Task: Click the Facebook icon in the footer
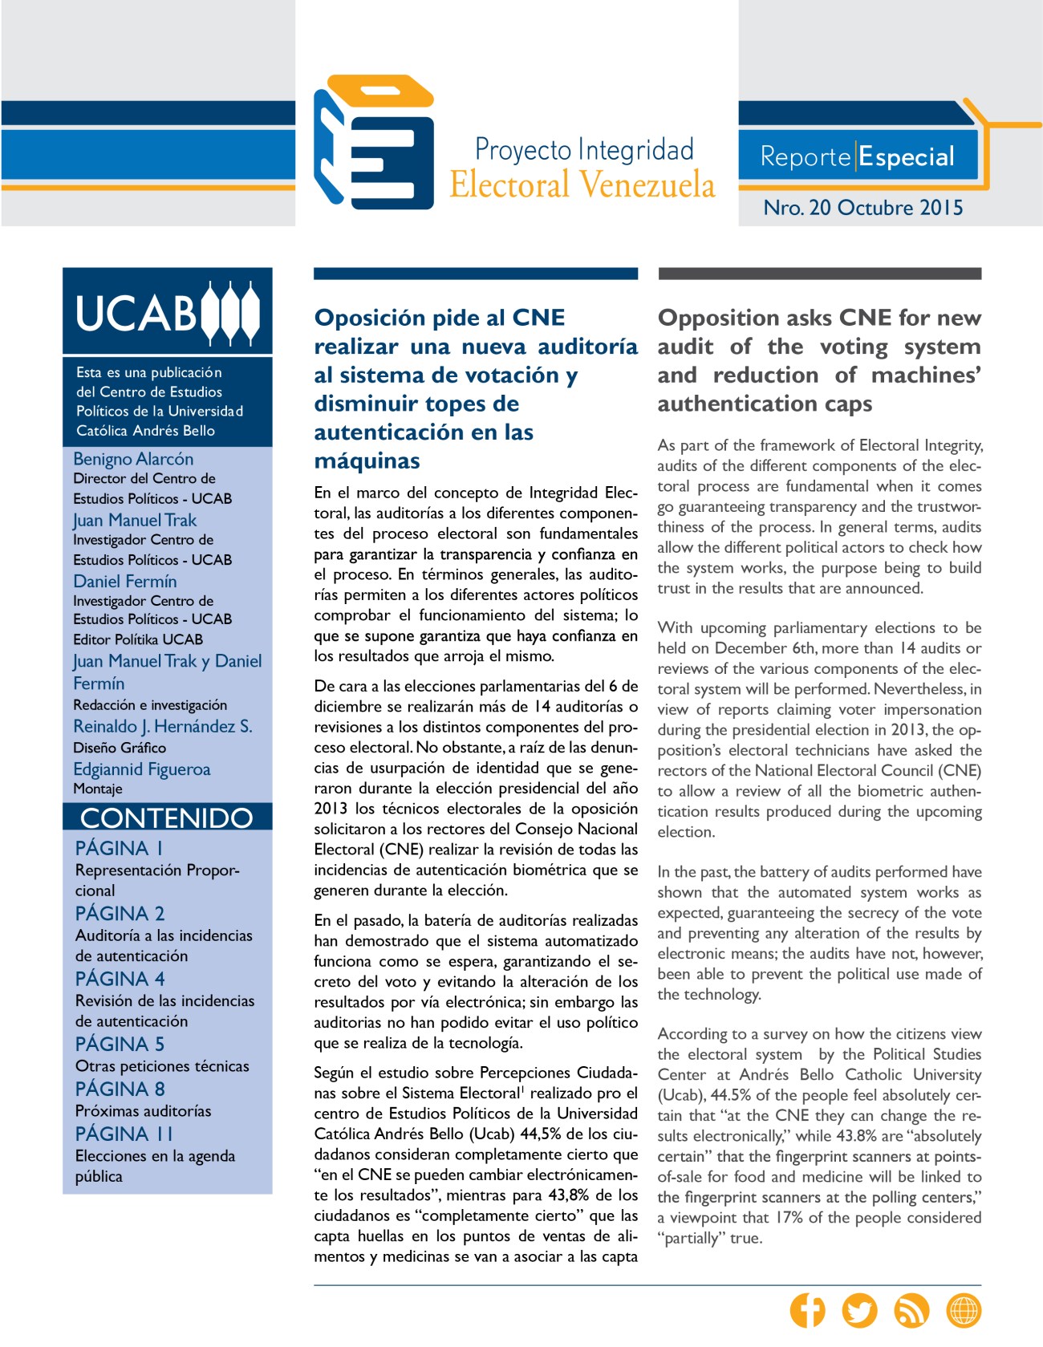[x=807, y=1311]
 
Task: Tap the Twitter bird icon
[x=859, y=1311]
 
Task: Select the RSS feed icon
[x=911, y=1311]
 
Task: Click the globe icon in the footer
[x=964, y=1311]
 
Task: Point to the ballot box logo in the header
[x=374, y=142]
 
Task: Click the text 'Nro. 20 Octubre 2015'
[x=862, y=208]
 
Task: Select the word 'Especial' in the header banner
[x=907, y=156]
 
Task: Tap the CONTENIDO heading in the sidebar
[x=167, y=818]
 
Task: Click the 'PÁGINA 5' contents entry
[x=120, y=1044]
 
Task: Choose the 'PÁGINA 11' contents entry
[x=124, y=1134]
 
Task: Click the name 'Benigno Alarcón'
[x=133, y=459]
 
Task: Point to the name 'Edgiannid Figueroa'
[x=142, y=769]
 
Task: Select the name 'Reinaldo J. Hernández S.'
[x=163, y=726]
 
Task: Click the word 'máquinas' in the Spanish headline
[x=367, y=461]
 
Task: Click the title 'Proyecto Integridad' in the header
[x=584, y=150]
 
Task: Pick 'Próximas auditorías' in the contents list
[x=144, y=1111]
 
